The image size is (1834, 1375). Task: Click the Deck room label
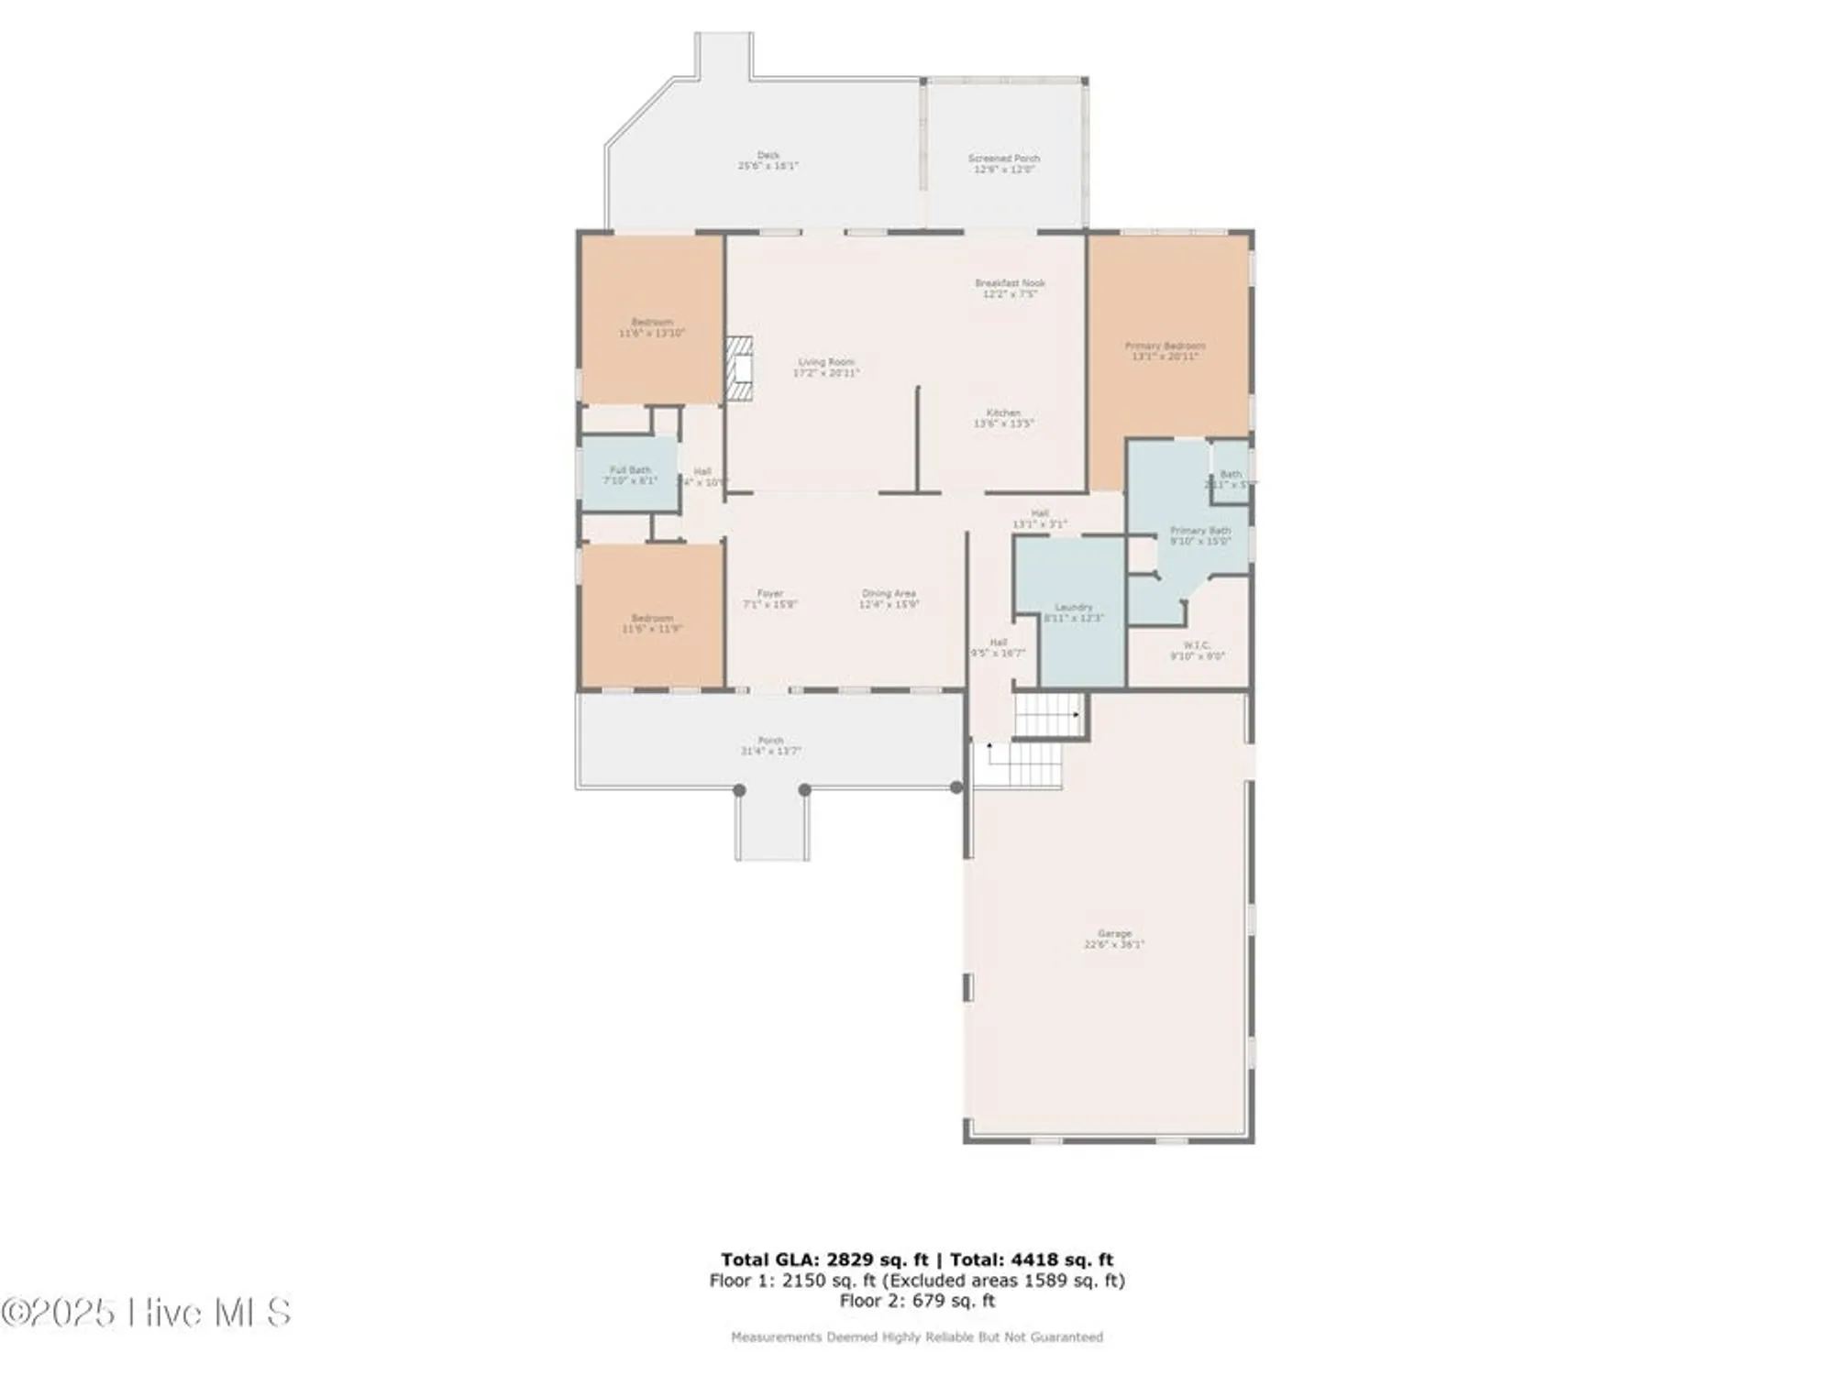(x=768, y=156)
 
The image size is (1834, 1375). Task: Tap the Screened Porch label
(x=1004, y=159)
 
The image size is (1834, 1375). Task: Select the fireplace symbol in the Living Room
(x=739, y=368)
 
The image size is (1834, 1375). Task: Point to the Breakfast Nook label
(x=1010, y=283)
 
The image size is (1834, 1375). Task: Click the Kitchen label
(x=1003, y=413)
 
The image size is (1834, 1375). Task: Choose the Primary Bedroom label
(x=1165, y=346)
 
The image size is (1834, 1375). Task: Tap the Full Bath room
(x=630, y=475)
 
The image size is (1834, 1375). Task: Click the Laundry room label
(x=1073, y=608)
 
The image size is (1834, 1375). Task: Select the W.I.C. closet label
(x=1197, y=645)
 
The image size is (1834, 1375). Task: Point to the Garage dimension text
(x=1114, y=944)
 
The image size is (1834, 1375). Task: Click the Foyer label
(x=769, y=594)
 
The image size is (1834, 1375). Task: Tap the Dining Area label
(x=889, y=594)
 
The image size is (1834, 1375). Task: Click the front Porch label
(x=770, y=741)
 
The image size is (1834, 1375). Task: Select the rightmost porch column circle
(x=956, y=787)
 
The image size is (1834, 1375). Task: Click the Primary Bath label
(x=1199, y=531)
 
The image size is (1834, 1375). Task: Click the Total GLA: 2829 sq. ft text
(x=824, y=1259)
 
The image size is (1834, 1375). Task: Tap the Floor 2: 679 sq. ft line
(x=917, y=1300)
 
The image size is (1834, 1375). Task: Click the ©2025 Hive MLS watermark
(x=147, y=1313)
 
